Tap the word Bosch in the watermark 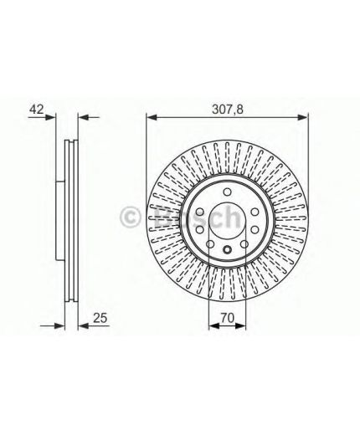click(x=193, y=218)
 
